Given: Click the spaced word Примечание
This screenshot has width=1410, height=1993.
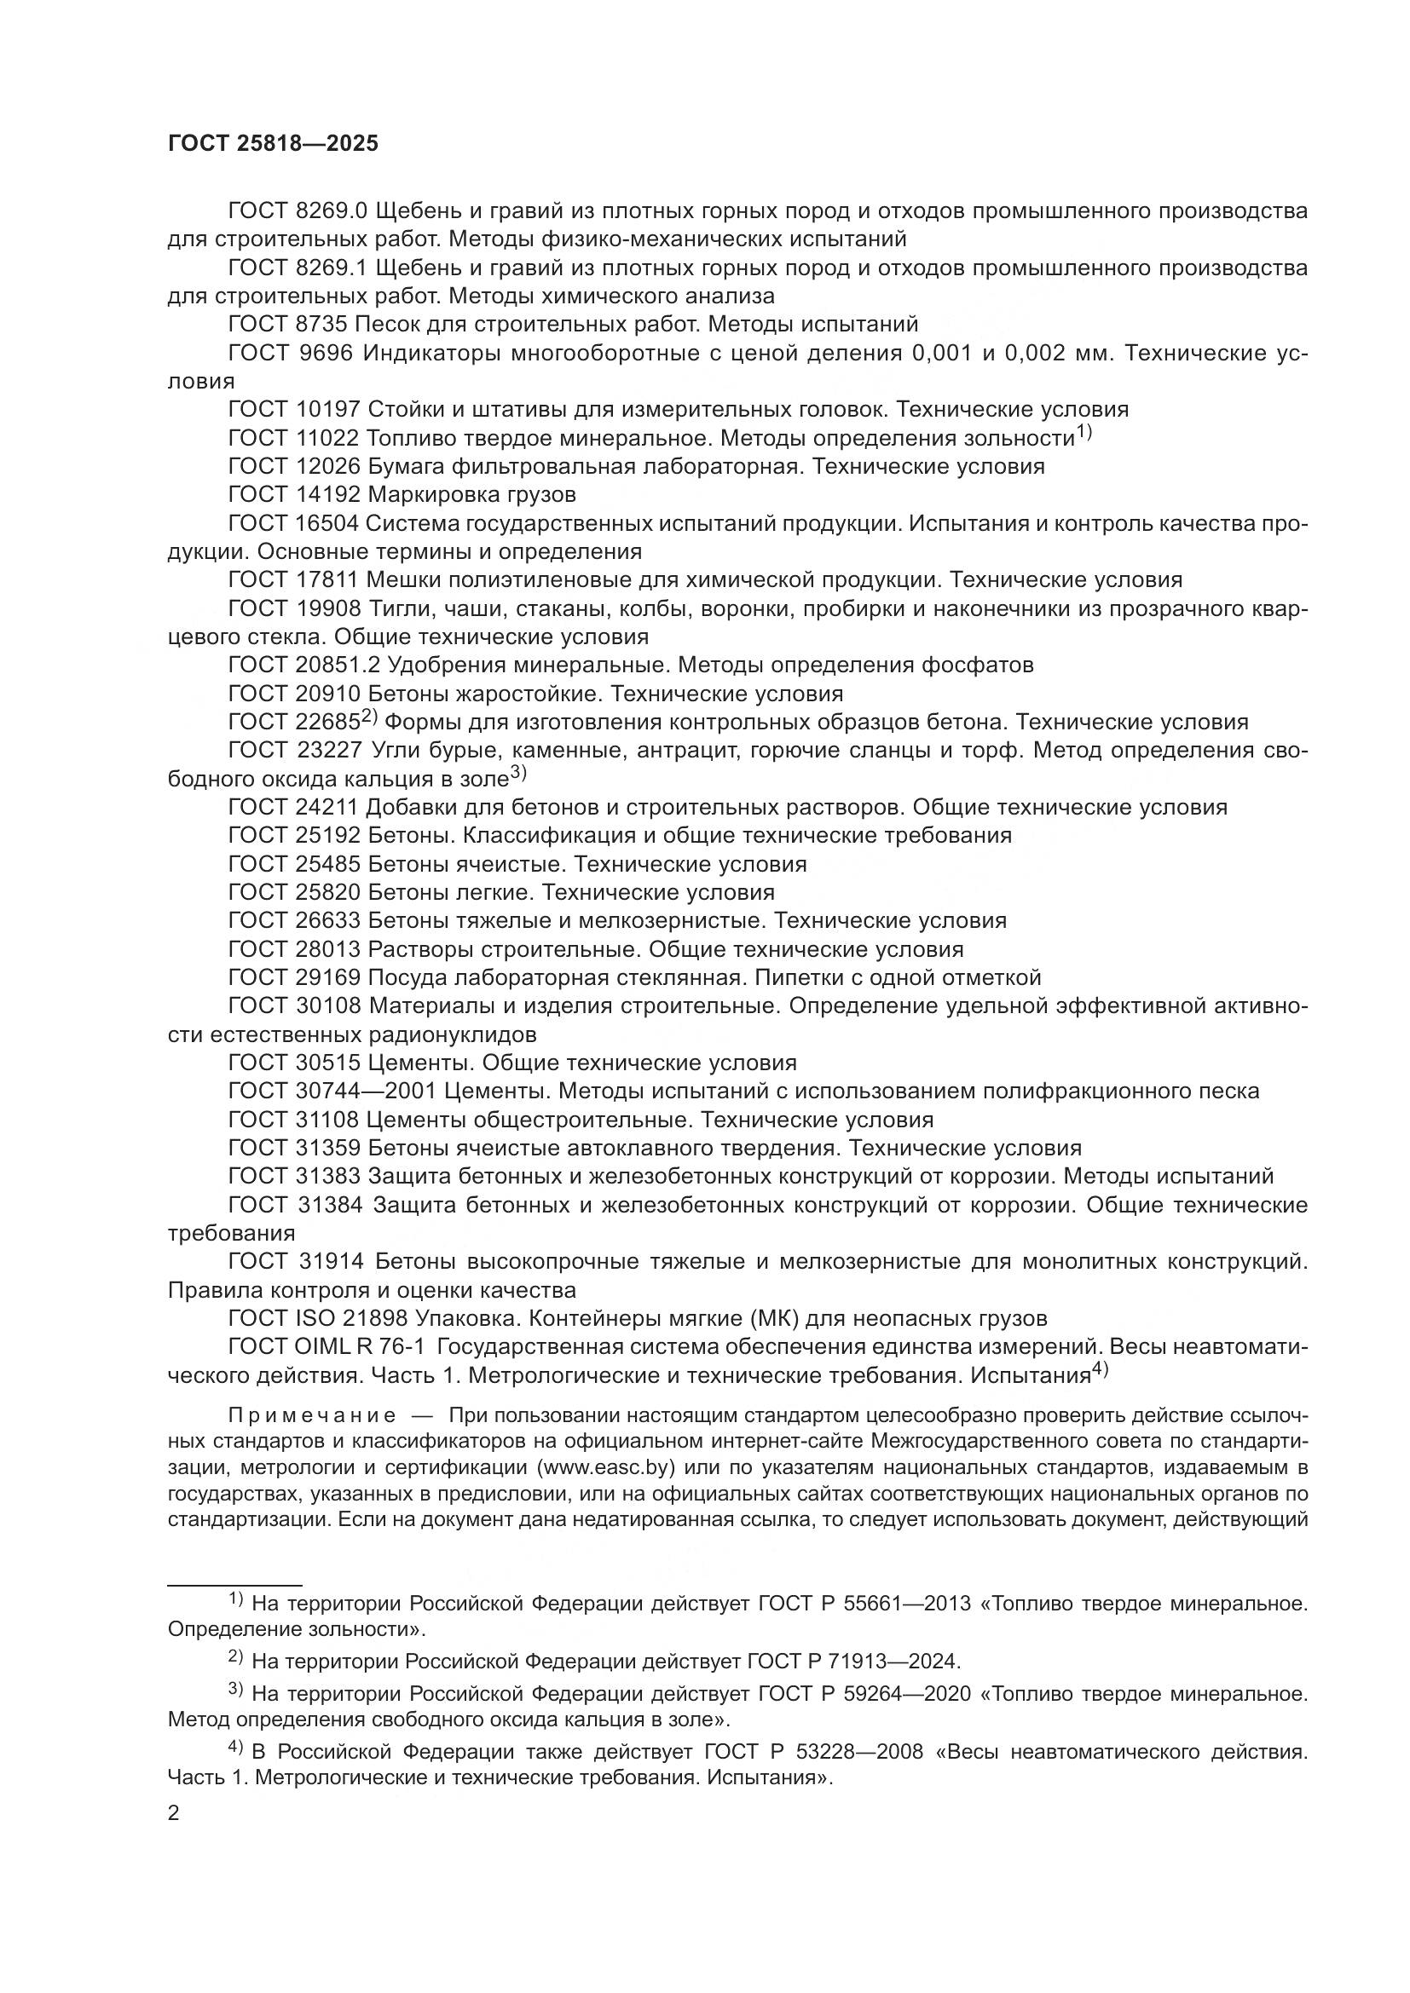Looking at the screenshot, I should pyautogui.click(x=312, y=1416).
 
